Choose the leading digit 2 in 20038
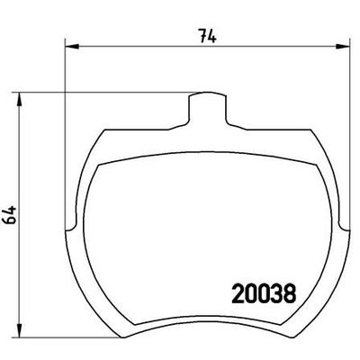coord(237,293)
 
